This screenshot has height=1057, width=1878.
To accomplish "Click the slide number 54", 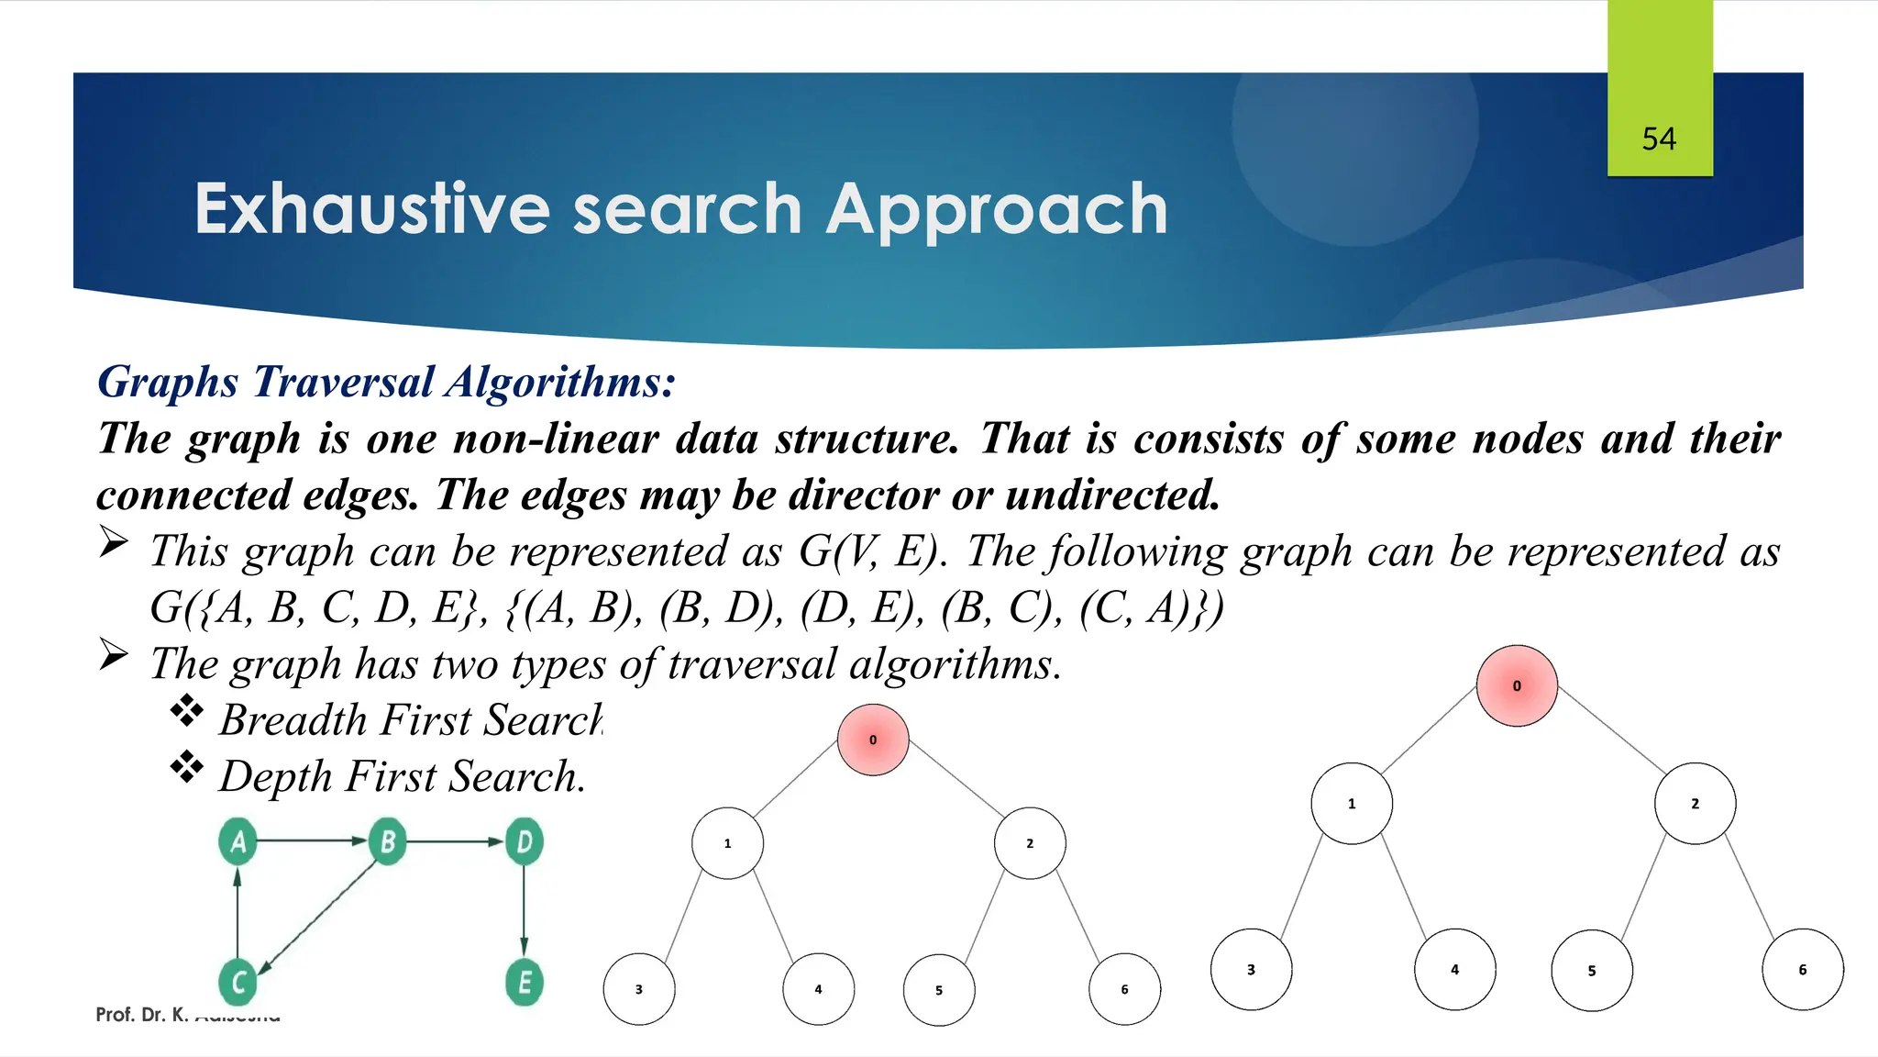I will point(1659,139).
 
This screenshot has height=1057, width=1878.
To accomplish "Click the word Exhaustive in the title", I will point(371,209).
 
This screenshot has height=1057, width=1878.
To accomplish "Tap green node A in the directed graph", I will point(238,841).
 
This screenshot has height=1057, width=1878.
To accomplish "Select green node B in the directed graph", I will point(387,841).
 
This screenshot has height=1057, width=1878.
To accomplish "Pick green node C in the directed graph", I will point(238,982).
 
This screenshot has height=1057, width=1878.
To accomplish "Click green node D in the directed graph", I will point(525,841).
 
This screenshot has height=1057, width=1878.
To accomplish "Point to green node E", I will point(525,982).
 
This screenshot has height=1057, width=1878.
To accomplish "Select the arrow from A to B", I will point(312,840).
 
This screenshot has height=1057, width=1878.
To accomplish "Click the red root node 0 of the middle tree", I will point(873,740).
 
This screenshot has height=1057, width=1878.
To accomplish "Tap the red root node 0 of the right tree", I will point(1517,685).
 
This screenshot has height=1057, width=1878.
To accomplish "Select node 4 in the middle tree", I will point(818,989).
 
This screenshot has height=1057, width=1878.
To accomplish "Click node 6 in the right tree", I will point(1802,970).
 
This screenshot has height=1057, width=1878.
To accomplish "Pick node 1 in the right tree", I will point(1352,804).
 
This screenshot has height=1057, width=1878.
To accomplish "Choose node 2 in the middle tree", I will point(1030,843).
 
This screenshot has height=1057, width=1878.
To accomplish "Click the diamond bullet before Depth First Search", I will point(187,767).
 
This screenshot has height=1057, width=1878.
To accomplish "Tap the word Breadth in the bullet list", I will point(293,720).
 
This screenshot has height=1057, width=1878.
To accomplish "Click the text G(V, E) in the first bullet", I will point(871,552).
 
